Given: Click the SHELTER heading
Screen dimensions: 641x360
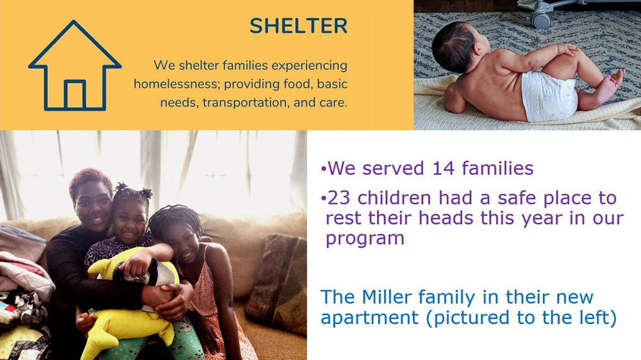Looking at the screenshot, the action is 299,26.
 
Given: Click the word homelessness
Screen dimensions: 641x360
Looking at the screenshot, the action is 177,84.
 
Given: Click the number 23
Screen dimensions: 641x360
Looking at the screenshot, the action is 339,198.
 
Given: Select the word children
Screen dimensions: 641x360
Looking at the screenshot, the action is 394,198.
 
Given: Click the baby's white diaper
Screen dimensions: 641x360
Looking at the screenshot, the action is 549,95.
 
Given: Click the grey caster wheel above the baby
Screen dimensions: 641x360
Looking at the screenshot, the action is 541,19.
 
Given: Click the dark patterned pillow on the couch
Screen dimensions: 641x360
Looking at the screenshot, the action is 276,282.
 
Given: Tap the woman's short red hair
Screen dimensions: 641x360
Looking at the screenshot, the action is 89,181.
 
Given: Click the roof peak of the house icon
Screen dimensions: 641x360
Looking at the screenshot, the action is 74,22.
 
